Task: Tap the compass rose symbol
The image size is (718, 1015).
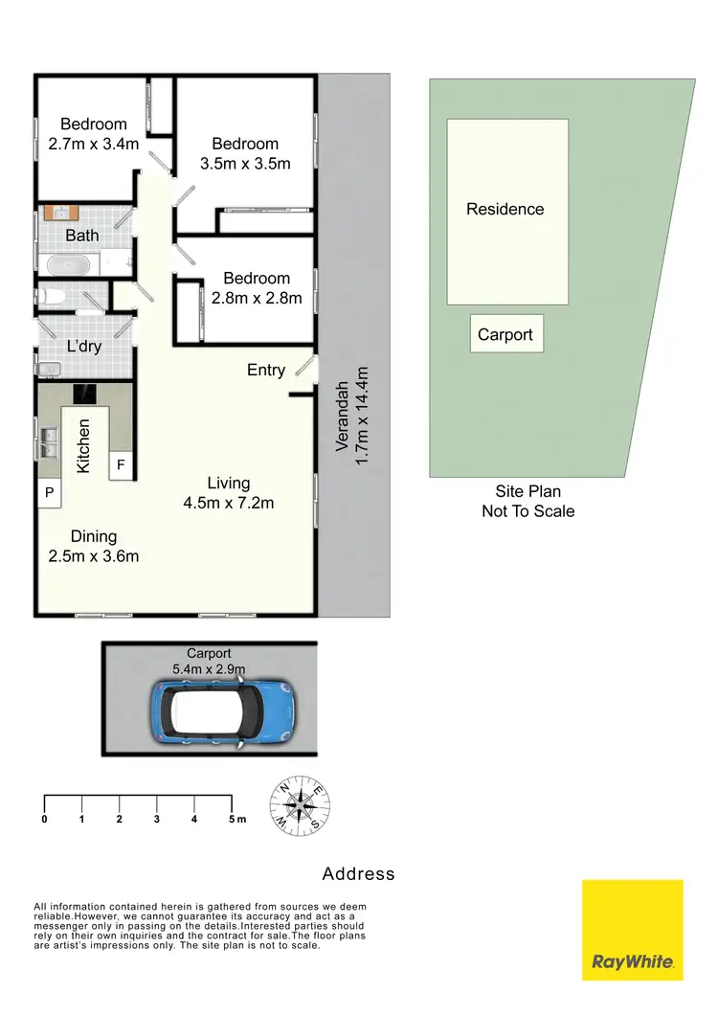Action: click(x=303, y=805)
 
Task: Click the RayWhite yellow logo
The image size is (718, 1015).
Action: click(x=633, y=930)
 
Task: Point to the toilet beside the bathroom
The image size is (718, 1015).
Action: click(x=51, y=296)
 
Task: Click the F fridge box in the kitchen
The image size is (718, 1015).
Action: click(x=121, y=465)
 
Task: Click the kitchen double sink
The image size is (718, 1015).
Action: click(x=49, y=443)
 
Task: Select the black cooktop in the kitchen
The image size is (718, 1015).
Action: click(x=85, y=393)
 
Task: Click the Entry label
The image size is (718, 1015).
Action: click(x=265, y=370)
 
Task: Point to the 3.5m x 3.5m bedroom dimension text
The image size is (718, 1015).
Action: click(x=245, y=163)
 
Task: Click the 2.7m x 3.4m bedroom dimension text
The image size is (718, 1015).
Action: click(x=93, y=143)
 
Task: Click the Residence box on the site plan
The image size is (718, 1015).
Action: click(x=507, y=211)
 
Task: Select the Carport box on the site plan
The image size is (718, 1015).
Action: click(x=506, y=334)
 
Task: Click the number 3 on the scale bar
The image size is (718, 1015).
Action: click(x=156, y=819)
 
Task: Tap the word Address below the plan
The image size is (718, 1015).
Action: click(x=358, y=873)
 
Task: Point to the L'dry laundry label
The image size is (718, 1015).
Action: click(x=83, y=347)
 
